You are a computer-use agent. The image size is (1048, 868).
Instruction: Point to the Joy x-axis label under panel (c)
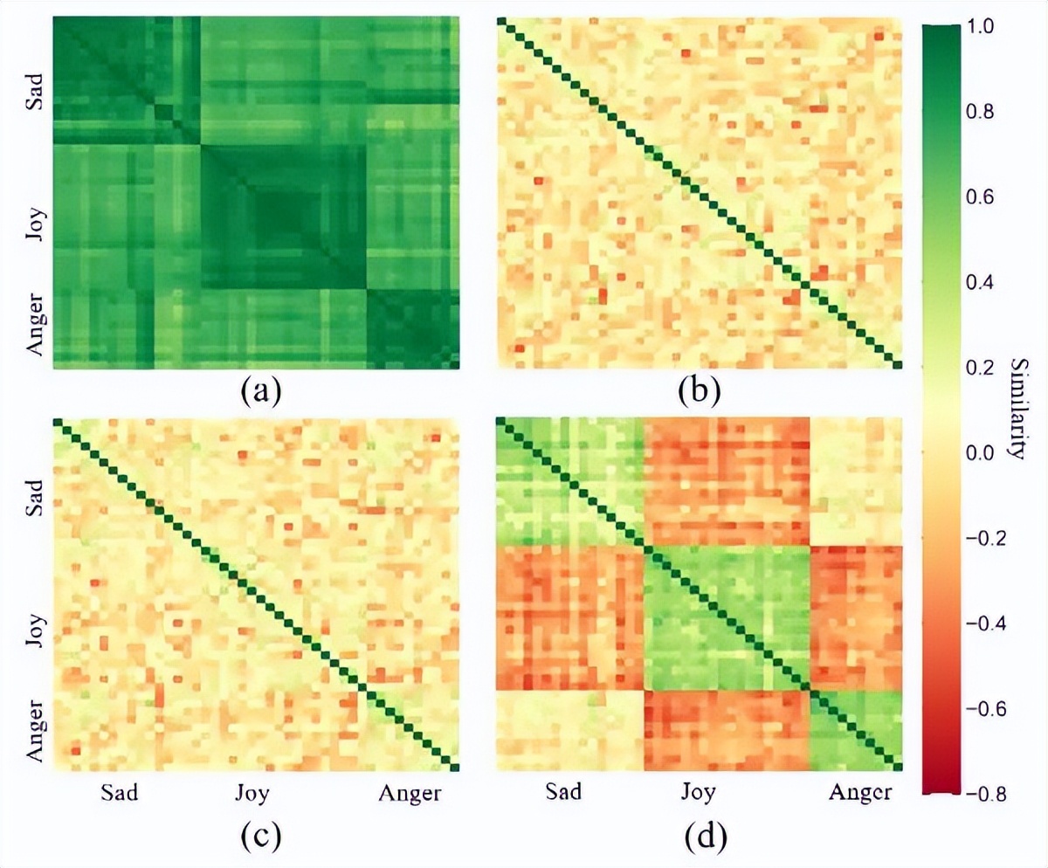(x=252, y=793)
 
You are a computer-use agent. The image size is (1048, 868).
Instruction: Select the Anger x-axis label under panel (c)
(x=409, y=793)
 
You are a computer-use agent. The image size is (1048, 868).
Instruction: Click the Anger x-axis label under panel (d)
(x=859, y=793)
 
